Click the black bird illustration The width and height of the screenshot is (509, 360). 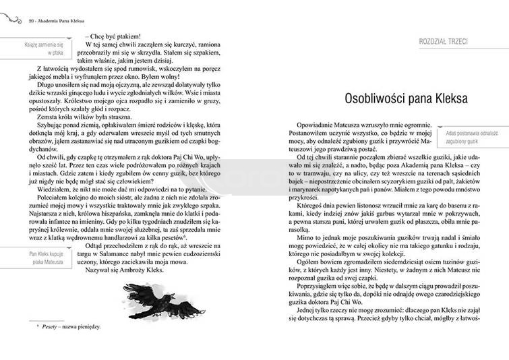click(156, 295)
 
